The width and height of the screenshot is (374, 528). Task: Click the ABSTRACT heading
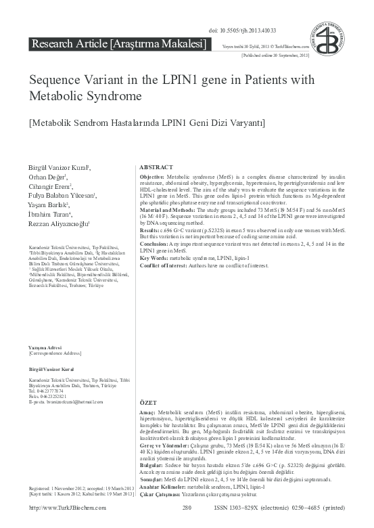pyautogui.click(x=157, y=167)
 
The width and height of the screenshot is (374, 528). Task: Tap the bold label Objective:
pyautogui.click(x=151, y=176)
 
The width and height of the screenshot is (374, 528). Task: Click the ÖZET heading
pyautogui.click(x=148, y=403)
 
